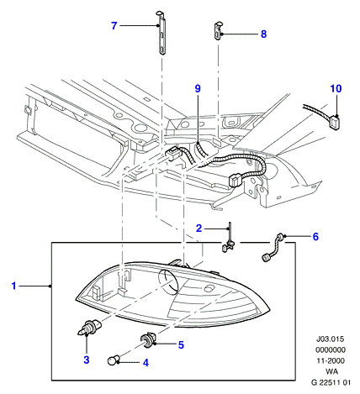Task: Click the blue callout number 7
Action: (114, 26)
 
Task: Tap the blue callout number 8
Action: (263, 34)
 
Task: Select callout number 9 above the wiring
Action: (198, 89)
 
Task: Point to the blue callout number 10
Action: (336, 89)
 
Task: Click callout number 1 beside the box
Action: (13, 286)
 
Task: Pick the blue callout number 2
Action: (199, 229)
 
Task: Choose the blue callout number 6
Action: (315, 237)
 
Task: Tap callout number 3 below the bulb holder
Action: (87, 360)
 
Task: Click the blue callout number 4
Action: (146, 363)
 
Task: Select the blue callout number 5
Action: (181, 345)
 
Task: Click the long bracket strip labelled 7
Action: (161, 33)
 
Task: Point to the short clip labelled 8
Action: (218, 30)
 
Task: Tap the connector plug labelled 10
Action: (335, 123)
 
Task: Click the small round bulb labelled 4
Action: (114, 360)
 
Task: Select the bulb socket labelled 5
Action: (147, 339)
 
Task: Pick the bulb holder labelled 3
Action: (89, 328)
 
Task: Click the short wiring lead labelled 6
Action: (273, 247)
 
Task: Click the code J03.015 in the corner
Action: (330, 339)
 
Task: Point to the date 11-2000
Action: (331, 360)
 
